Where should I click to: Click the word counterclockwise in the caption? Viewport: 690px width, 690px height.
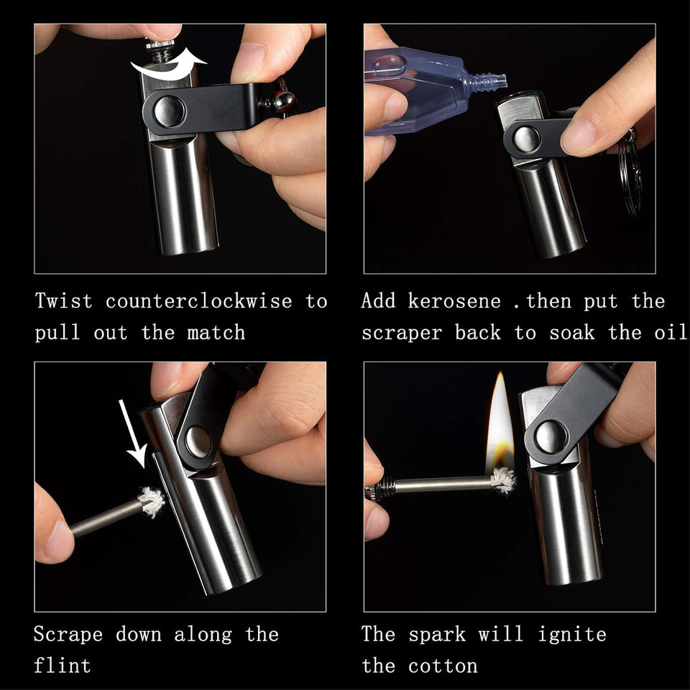(x=199, y=300)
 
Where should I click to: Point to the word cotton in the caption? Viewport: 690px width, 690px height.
(x=443, y=666)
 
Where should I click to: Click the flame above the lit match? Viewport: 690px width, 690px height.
(x=499, y=424)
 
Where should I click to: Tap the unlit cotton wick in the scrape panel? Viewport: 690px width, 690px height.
(x=152, y=502)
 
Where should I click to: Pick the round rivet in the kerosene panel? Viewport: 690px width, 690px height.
(x=526, y=139)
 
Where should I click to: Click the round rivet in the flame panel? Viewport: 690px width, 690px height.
(x=550, y=437)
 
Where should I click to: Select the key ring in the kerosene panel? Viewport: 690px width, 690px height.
(x=632, y=172)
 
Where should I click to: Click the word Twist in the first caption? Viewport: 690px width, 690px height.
(x=64, y=300)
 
